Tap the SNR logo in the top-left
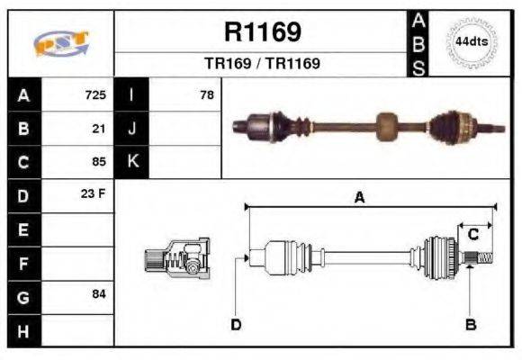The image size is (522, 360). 60,43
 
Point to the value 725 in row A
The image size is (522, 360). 95,94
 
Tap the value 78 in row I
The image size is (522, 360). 206,94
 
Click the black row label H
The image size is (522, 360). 23,330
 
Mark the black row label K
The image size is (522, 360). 131,162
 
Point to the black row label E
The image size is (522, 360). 23,229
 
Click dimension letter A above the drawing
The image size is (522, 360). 359,197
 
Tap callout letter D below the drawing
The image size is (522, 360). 236,324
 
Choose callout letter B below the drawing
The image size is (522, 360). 469,324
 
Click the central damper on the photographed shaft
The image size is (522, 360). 387,127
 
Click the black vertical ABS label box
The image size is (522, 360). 418,43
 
